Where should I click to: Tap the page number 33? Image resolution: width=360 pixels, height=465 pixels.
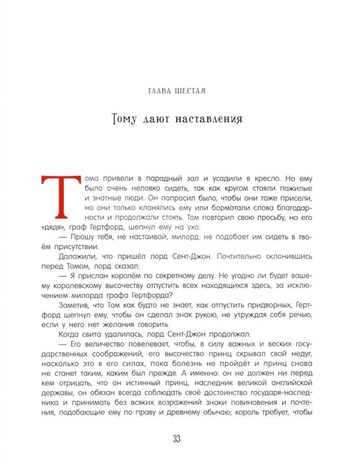(176, 439)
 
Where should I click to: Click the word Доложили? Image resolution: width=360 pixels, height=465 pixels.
(76, 257)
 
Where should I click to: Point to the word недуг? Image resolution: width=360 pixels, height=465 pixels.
(302, 354)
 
